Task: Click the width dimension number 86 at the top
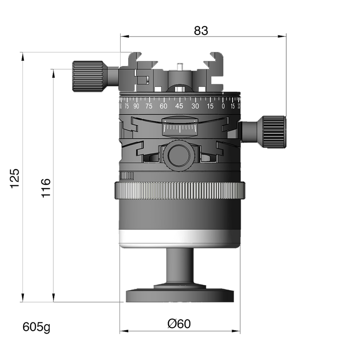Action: [201, 30]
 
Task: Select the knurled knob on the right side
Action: [274, 131]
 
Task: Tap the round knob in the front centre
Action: [179, 155]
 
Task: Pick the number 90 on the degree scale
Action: [136, 106]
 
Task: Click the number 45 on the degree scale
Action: [179, 106]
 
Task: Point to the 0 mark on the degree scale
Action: [223, 106]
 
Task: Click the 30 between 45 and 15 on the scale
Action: [195, 106]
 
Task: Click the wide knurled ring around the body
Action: [180, 190]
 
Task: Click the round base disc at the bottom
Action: [180, 295]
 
